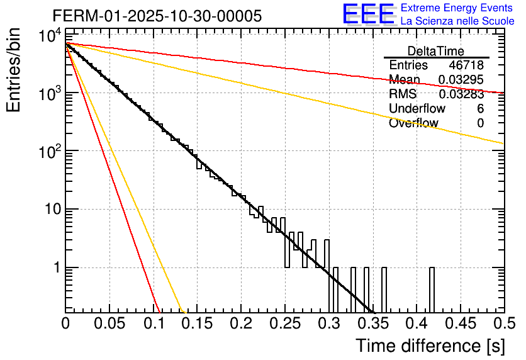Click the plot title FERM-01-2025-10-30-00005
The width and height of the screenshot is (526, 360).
(157, 16)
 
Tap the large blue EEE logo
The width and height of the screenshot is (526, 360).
(367, 14)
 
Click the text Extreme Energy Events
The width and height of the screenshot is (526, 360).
(457, 8)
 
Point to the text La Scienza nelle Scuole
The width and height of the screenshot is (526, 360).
(457, 21)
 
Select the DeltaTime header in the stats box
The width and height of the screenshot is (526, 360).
(436, 51)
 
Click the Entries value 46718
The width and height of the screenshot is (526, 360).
(466, 65)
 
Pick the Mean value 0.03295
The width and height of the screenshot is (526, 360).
(461, 80)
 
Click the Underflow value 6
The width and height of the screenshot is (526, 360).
(480, 109)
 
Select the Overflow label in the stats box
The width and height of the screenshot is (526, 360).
(413, 123)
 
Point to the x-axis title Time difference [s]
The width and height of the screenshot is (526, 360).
(429, 346)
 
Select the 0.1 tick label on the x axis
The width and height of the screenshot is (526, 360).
(154, 324)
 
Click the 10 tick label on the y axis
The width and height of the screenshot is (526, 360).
(51, 210)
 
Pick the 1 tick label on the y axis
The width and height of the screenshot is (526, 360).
(55, 268)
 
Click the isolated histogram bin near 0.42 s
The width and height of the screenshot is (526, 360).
(432, 290)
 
